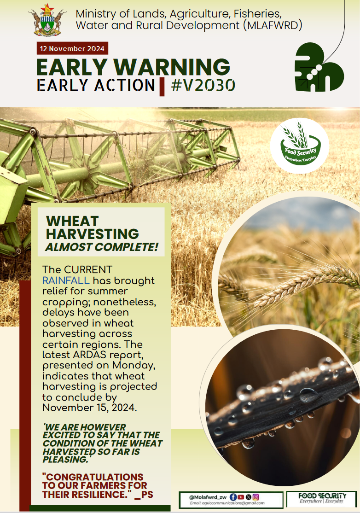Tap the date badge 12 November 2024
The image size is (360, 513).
(72, 48)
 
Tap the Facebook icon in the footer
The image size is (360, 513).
(233, 497)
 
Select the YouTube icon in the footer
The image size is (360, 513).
(241, 497)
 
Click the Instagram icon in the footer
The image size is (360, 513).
(256, 497)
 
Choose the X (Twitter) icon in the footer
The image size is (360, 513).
(249, 497)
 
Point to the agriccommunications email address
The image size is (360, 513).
(227, 503)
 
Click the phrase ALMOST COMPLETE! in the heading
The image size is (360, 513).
(101, 247)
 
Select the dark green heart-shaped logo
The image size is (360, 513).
(319, 68)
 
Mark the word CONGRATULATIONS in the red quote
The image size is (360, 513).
(93, 477)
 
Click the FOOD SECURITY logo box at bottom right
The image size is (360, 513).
(321, 499)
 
